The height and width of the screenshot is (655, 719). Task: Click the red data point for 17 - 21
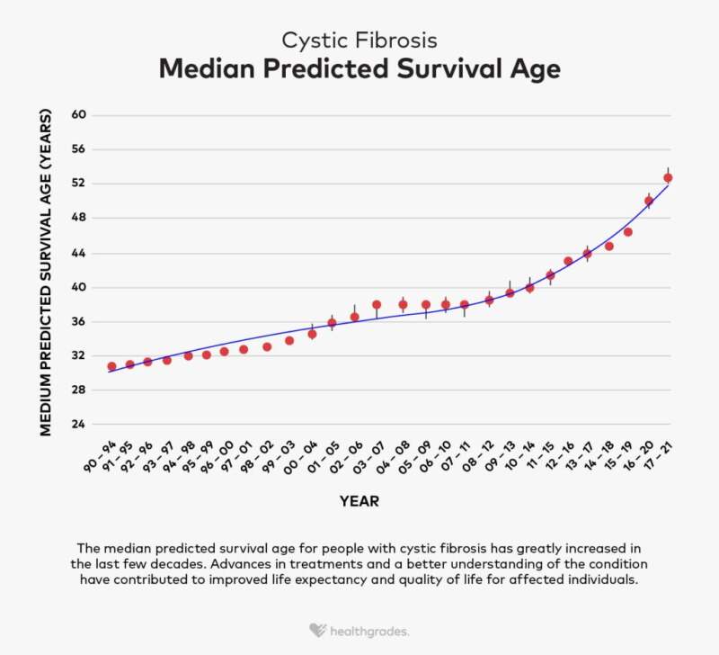668,177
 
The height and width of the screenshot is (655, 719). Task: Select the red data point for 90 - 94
111,366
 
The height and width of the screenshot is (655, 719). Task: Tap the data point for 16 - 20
649,201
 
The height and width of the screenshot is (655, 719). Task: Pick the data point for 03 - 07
377,305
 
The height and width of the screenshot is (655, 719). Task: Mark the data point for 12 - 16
568,261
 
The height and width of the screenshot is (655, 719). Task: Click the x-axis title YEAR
359,501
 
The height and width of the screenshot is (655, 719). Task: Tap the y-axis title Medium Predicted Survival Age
46,274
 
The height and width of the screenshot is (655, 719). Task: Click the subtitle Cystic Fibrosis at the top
359,40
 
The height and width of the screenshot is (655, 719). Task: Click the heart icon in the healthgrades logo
316,631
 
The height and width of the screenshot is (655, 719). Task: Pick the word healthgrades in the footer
372,631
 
